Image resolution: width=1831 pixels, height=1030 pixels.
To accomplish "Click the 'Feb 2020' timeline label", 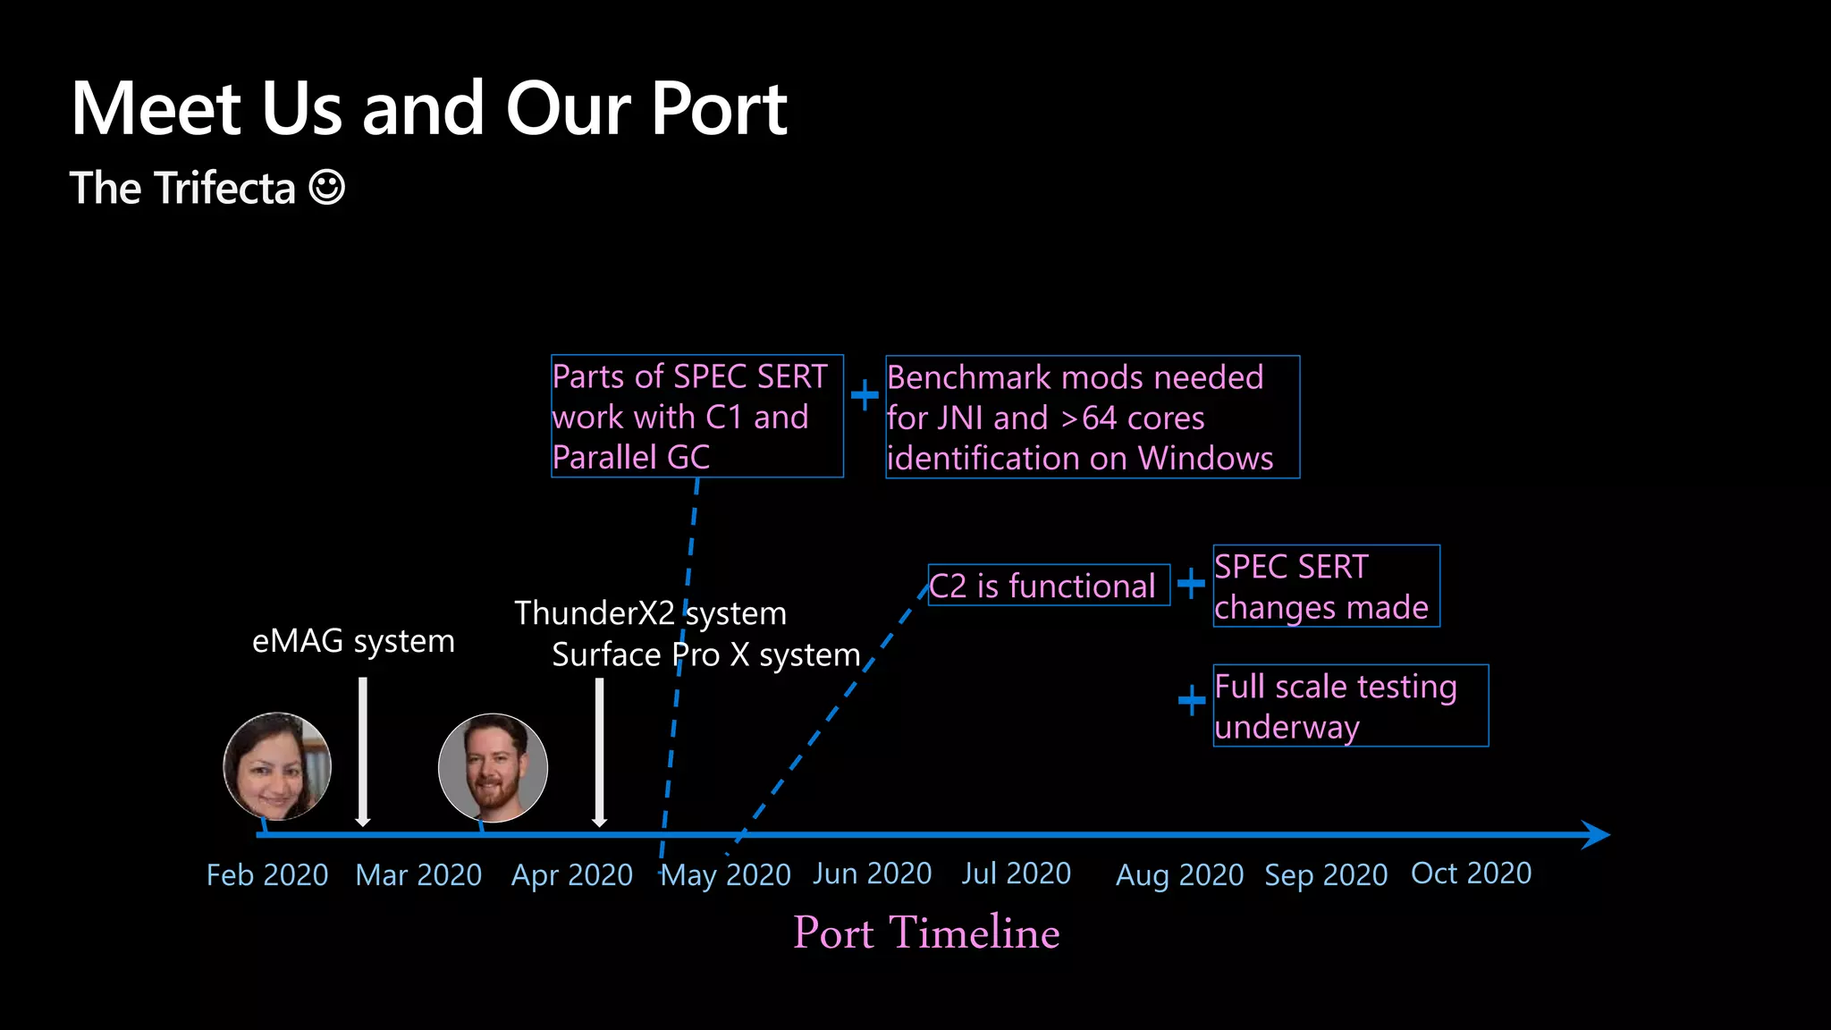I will click(267, 874).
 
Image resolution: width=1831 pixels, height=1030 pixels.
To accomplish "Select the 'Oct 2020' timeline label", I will click(1471, 873).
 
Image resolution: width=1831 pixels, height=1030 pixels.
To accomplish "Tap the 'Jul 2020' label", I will click(1016, 873).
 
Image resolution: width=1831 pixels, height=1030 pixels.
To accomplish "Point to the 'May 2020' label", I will click(725, 874).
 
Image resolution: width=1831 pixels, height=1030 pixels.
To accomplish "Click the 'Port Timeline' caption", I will click(926, 933).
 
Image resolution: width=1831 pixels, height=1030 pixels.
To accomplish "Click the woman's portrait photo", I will click(277, 766).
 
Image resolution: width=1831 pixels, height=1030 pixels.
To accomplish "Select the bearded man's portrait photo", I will click(493, 767).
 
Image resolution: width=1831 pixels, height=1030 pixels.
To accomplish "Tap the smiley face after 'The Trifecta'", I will click(326, 188).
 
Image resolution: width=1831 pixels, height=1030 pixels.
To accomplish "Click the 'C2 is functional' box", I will click(1048, 586).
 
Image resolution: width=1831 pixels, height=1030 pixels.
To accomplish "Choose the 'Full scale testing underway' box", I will click(1349, 705).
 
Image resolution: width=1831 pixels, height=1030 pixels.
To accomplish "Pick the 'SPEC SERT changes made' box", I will click(1325, 587).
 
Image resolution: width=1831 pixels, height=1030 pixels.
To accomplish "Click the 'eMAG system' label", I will click(353, 641).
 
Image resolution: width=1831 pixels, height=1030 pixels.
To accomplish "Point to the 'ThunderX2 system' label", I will click(650, 613).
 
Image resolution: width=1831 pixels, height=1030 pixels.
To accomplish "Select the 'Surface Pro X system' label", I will click(705, 654).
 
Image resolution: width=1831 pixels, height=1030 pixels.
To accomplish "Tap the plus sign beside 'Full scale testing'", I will click(1191, 700).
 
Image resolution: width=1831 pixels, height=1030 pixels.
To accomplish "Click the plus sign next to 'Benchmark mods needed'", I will click(864, 395).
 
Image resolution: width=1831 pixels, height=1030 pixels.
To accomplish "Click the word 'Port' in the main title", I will click(719, 109).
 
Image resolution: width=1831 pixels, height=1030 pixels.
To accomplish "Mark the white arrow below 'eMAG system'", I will click(362, 751).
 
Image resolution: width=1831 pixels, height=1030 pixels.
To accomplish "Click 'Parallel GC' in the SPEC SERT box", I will click(630, 458).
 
